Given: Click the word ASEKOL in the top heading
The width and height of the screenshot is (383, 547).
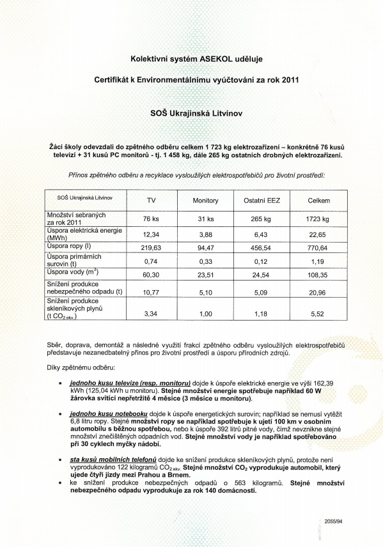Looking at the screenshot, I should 217,59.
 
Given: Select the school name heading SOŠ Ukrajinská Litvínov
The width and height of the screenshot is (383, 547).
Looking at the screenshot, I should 191,114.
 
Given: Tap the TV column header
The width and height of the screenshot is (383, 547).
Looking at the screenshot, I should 151,201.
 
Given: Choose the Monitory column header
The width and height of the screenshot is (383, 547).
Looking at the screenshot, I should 205,201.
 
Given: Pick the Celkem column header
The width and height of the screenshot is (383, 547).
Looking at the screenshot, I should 318,201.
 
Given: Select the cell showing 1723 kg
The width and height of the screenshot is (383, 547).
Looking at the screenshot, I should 318,219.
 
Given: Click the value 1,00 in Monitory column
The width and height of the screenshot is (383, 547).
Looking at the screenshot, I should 205,314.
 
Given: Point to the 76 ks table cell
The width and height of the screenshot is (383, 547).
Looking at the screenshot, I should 151,219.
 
